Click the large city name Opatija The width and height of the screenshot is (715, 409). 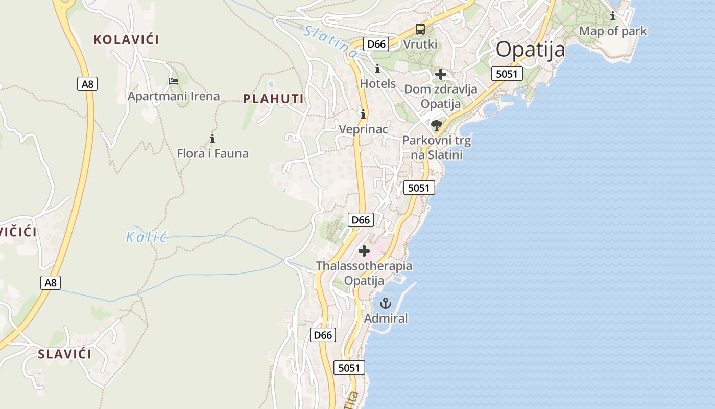[x=530, y=50]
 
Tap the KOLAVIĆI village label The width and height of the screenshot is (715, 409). [x=126, y=39]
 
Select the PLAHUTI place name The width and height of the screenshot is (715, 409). [x=273, y=99]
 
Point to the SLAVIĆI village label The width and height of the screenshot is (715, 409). [x=65, y=354]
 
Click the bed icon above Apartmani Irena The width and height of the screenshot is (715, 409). [x=174, y=81]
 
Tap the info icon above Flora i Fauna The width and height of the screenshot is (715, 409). [x=212, y=139]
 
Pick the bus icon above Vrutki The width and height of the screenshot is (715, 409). [x=420, y=29]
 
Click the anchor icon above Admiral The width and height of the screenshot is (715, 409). [x=386, y=304]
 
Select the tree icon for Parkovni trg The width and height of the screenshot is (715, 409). [x=437, y=125]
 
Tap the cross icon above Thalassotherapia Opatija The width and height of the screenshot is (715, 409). [x=364, y=251]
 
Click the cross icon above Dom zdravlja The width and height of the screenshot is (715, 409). [x=440, y=74]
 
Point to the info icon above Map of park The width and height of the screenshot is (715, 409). [x=613, y=16]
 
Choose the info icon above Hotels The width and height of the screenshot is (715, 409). [x=377, y=69]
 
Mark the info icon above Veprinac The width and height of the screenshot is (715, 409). [x=363, y=114]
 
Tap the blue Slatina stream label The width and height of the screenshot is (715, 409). [x=330, y=41]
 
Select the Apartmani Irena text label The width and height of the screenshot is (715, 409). [x=174, y=96]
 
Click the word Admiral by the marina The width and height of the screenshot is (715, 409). [x=386, y=319]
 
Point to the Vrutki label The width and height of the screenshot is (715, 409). [x=420, y=44]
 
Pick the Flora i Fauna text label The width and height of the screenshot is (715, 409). [x=212, y=153]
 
